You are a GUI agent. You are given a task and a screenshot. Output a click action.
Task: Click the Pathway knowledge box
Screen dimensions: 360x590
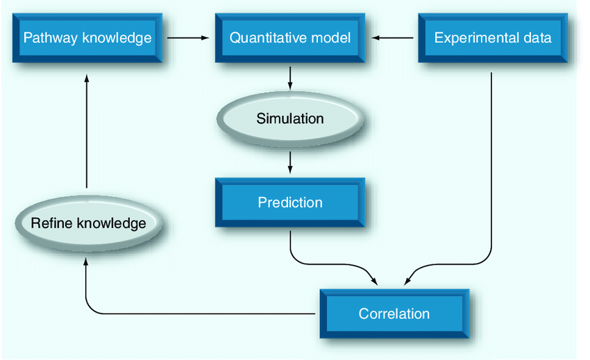(x=87, y=37)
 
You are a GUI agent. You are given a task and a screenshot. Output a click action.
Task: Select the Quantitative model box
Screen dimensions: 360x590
(x=290, y=37)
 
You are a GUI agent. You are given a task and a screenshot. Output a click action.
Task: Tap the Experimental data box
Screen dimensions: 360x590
(x=493, y=37)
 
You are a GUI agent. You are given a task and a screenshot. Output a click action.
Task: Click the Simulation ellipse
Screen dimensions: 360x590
(x=290, y=119)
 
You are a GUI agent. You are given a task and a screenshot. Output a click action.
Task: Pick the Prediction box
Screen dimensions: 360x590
(x=290, y=203)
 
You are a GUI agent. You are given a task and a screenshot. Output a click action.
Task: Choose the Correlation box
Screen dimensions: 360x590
(x=394, y=314)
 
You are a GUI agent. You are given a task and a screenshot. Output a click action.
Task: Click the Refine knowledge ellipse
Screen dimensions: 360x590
(x=88, y=223)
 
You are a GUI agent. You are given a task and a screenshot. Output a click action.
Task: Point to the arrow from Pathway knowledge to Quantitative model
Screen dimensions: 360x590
(x=189, y=38)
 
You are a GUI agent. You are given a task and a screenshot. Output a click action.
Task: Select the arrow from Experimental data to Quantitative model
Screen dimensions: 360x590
(x=394, y=38)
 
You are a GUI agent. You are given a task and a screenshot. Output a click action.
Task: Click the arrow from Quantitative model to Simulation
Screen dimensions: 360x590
(x=290, y=77)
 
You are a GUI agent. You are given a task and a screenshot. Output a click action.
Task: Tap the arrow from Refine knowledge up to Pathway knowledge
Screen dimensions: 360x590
(x=86, y=132)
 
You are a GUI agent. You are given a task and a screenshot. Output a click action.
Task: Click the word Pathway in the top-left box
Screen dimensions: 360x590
(x=49, y=37)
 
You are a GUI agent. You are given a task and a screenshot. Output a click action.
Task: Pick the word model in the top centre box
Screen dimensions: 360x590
(x=330, y=37)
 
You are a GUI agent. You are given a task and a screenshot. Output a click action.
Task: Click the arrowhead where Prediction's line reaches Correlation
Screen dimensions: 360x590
(x=374, y=281)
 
